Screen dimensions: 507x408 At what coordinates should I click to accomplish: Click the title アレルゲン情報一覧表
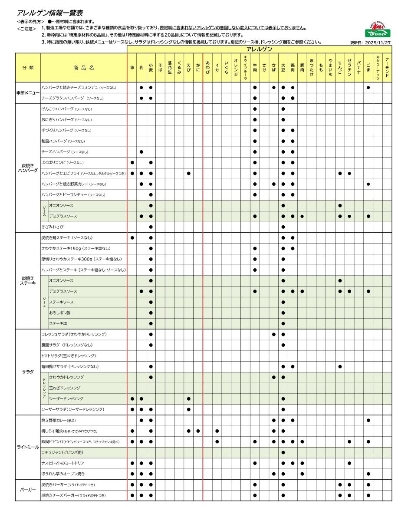[x=49, y=13]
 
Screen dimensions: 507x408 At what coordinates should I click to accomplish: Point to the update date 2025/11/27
[x=371, y=43]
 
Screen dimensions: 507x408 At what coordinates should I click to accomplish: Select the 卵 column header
[x=132, y=68]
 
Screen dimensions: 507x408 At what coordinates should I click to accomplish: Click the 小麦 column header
[x=151, y=68]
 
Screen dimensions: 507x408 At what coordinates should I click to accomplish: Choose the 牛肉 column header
[x=255, y=68]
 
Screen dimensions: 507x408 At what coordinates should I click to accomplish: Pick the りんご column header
[x=340, y=68]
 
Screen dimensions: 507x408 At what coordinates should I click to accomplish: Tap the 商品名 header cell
[x=83, y=68]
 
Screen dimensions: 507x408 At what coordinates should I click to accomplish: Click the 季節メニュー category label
[x=28, y=93]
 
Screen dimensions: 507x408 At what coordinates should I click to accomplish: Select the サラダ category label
[x=28, y=372]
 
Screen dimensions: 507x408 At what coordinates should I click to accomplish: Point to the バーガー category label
[x=28, y=490]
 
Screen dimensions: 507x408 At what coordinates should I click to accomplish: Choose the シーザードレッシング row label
[x=66, y=398]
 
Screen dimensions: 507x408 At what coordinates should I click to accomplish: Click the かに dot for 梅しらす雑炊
[x=198, y=431]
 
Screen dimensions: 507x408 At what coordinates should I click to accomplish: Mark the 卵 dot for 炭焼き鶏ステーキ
[x=132, y=237]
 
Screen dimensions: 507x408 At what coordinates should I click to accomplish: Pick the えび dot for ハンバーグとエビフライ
[x=188, y=173]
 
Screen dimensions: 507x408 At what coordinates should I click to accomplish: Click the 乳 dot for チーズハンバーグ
[x=141, y=152]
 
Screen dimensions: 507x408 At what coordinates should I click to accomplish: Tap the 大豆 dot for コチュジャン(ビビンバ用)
[x=283, y=452]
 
